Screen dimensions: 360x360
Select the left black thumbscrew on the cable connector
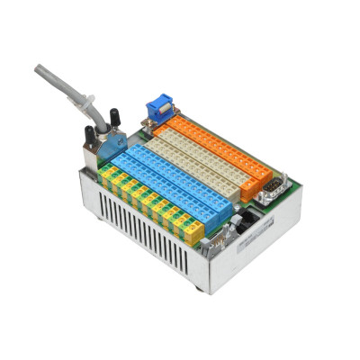(x=90, y=135)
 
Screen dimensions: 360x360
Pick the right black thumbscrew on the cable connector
(x=114, y=117)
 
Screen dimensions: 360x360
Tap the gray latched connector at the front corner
(x=219, y=239)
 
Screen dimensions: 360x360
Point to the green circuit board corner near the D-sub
(x=293, y=192)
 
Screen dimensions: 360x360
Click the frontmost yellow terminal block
(x=193, y=232)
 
